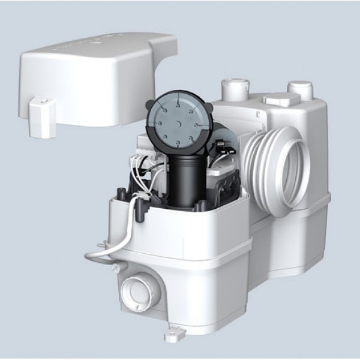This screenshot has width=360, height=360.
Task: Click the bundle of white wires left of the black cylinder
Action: (x=145, y=171)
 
